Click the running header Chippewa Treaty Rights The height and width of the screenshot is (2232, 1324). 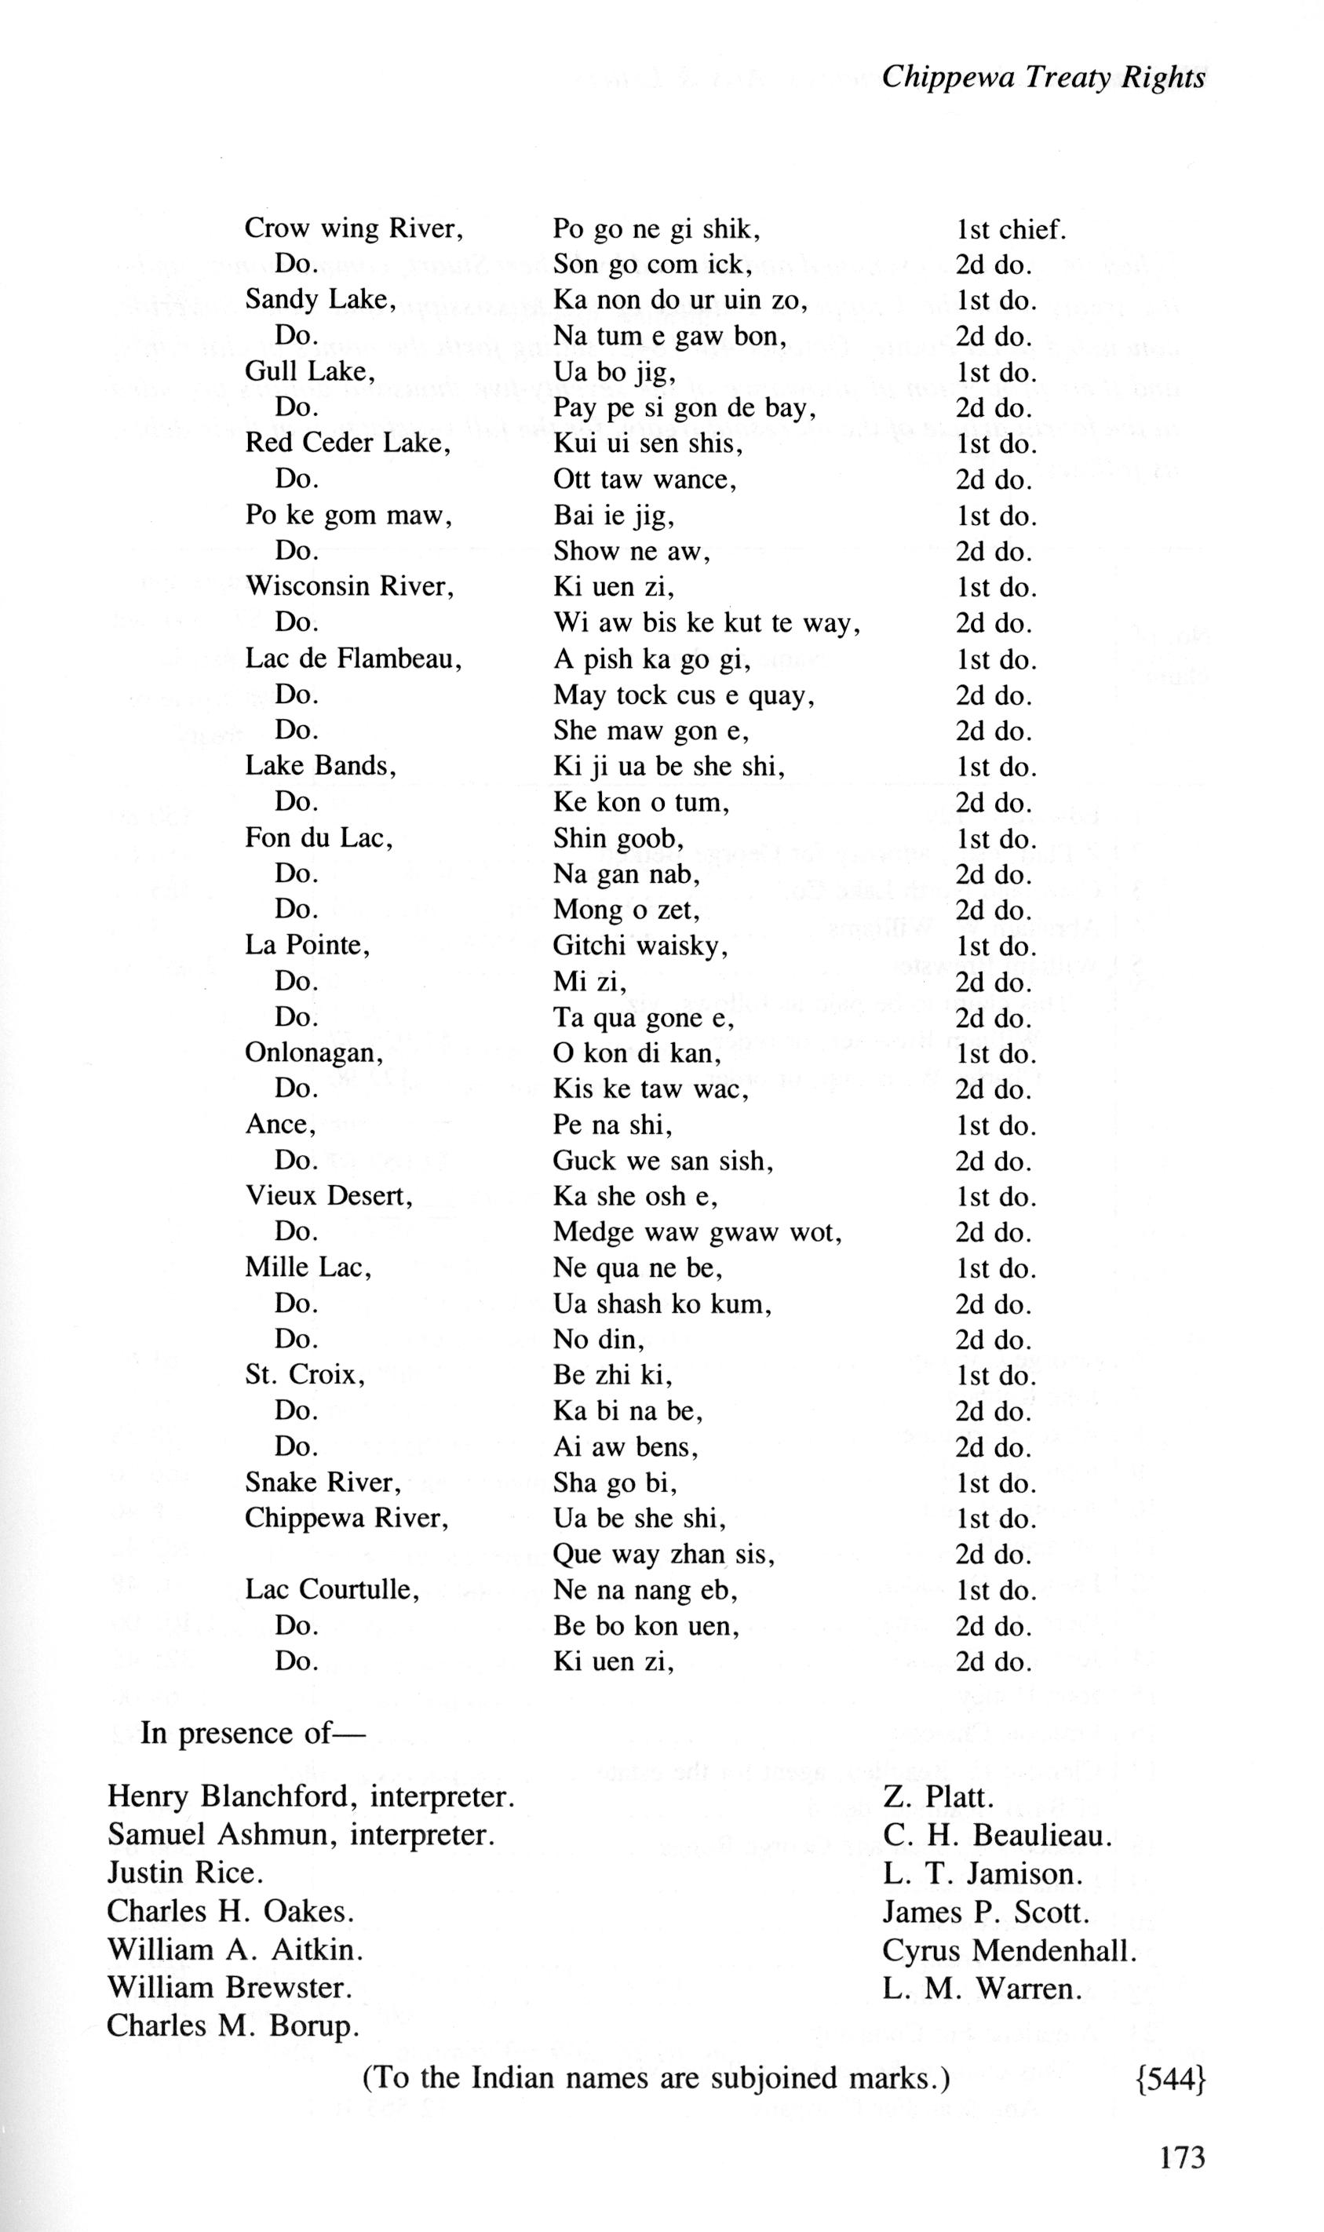click(1043, 78)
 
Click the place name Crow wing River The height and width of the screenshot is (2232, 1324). click(354, 229)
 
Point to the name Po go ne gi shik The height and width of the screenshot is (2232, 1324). click(656, 230)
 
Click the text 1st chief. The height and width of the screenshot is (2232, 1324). click(1011, 229)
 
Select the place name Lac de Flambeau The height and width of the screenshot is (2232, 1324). click(353, 659)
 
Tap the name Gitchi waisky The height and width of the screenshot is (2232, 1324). click(640, 946)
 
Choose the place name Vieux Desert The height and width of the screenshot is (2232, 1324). click(329, 1196)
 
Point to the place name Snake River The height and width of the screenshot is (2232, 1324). click(323, 1483)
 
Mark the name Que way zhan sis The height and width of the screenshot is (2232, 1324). click(664, 1554)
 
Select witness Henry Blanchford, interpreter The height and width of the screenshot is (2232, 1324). click(311, 1796)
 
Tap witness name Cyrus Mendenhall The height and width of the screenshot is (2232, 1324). click(1010, 1950)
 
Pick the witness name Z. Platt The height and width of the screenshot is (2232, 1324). click(938, 1796)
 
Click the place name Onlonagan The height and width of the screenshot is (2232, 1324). click(314, 1053)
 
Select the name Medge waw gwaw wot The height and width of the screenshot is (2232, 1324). click(698, 1232)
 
